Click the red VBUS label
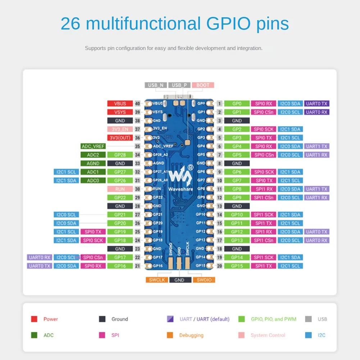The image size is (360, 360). click(x=120, y=104)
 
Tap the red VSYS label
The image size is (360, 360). click(x=120, y=112)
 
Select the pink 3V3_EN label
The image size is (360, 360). click(x=120, y=129)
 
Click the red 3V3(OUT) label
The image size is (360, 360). click(x=120, y=138)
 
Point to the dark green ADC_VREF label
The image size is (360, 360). click(x=93, y=146)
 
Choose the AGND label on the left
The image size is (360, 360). click(x=93, y=163)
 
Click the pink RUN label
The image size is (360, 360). click(x=120, y=189)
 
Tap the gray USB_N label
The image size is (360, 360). click(x=155, y=85)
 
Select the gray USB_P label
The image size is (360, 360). click(x=179, y=85)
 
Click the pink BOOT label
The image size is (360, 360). click(x=203, y=85)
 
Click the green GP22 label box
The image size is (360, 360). click(x=120, y=197)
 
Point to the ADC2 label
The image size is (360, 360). click(x=93, y=155)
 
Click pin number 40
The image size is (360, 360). click(x=137, y=104)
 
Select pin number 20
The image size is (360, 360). click(x=219, y=266)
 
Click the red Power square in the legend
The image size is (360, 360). click(x=34, y=319)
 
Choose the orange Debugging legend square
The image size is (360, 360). click(x=170, y=335)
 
